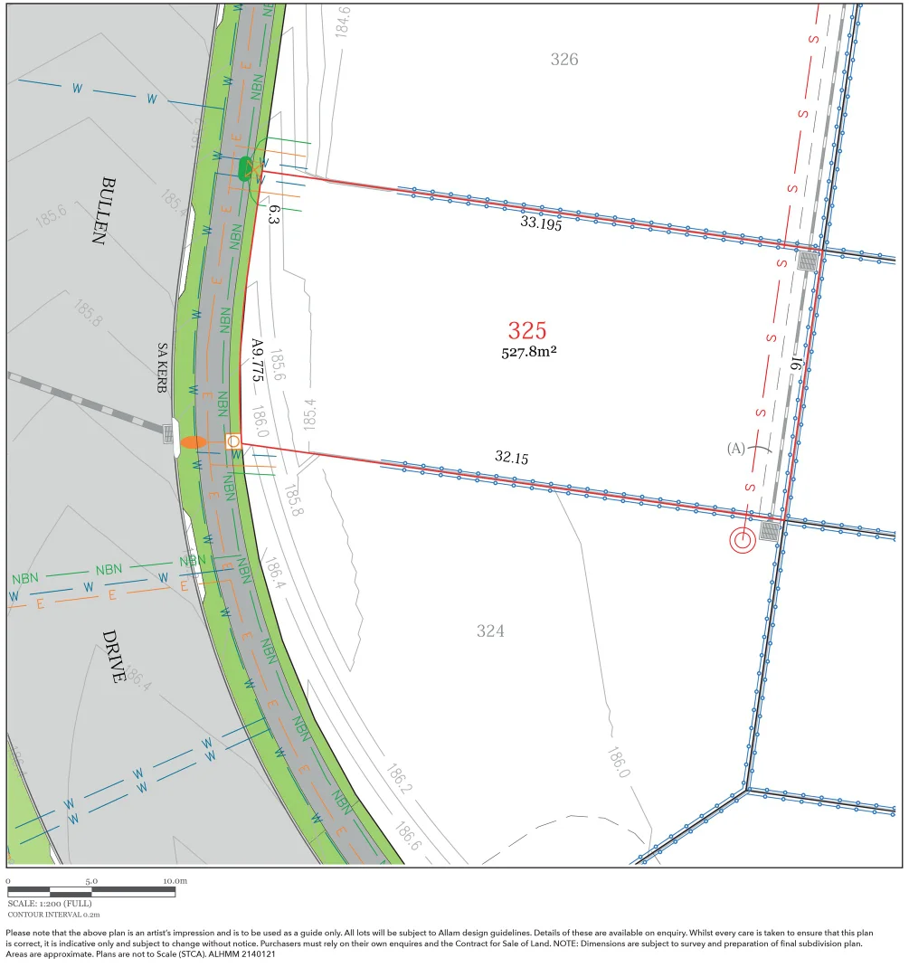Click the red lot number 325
(x=527, y=330)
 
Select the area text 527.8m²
(x=529, y=352)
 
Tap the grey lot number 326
(x=564, y=60)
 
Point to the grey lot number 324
(x=490, y=631)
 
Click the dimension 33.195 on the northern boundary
(x=541, y=223)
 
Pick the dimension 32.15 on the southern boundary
(x=511, y=457)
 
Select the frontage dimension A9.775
(x=257, y=359)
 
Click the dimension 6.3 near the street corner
(x=274, y=214)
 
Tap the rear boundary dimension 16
(x=797, y=362)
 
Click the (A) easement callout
(x=735, y=449)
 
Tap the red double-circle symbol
(x=743, y=541)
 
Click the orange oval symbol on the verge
(x=194, y=442)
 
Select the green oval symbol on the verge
(x=244, y=167)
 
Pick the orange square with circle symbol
(x=233, y=441)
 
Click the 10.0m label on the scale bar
(x=175, y=880)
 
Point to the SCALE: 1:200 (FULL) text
(x=50, y=904)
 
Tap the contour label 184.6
(x=344, y=20)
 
